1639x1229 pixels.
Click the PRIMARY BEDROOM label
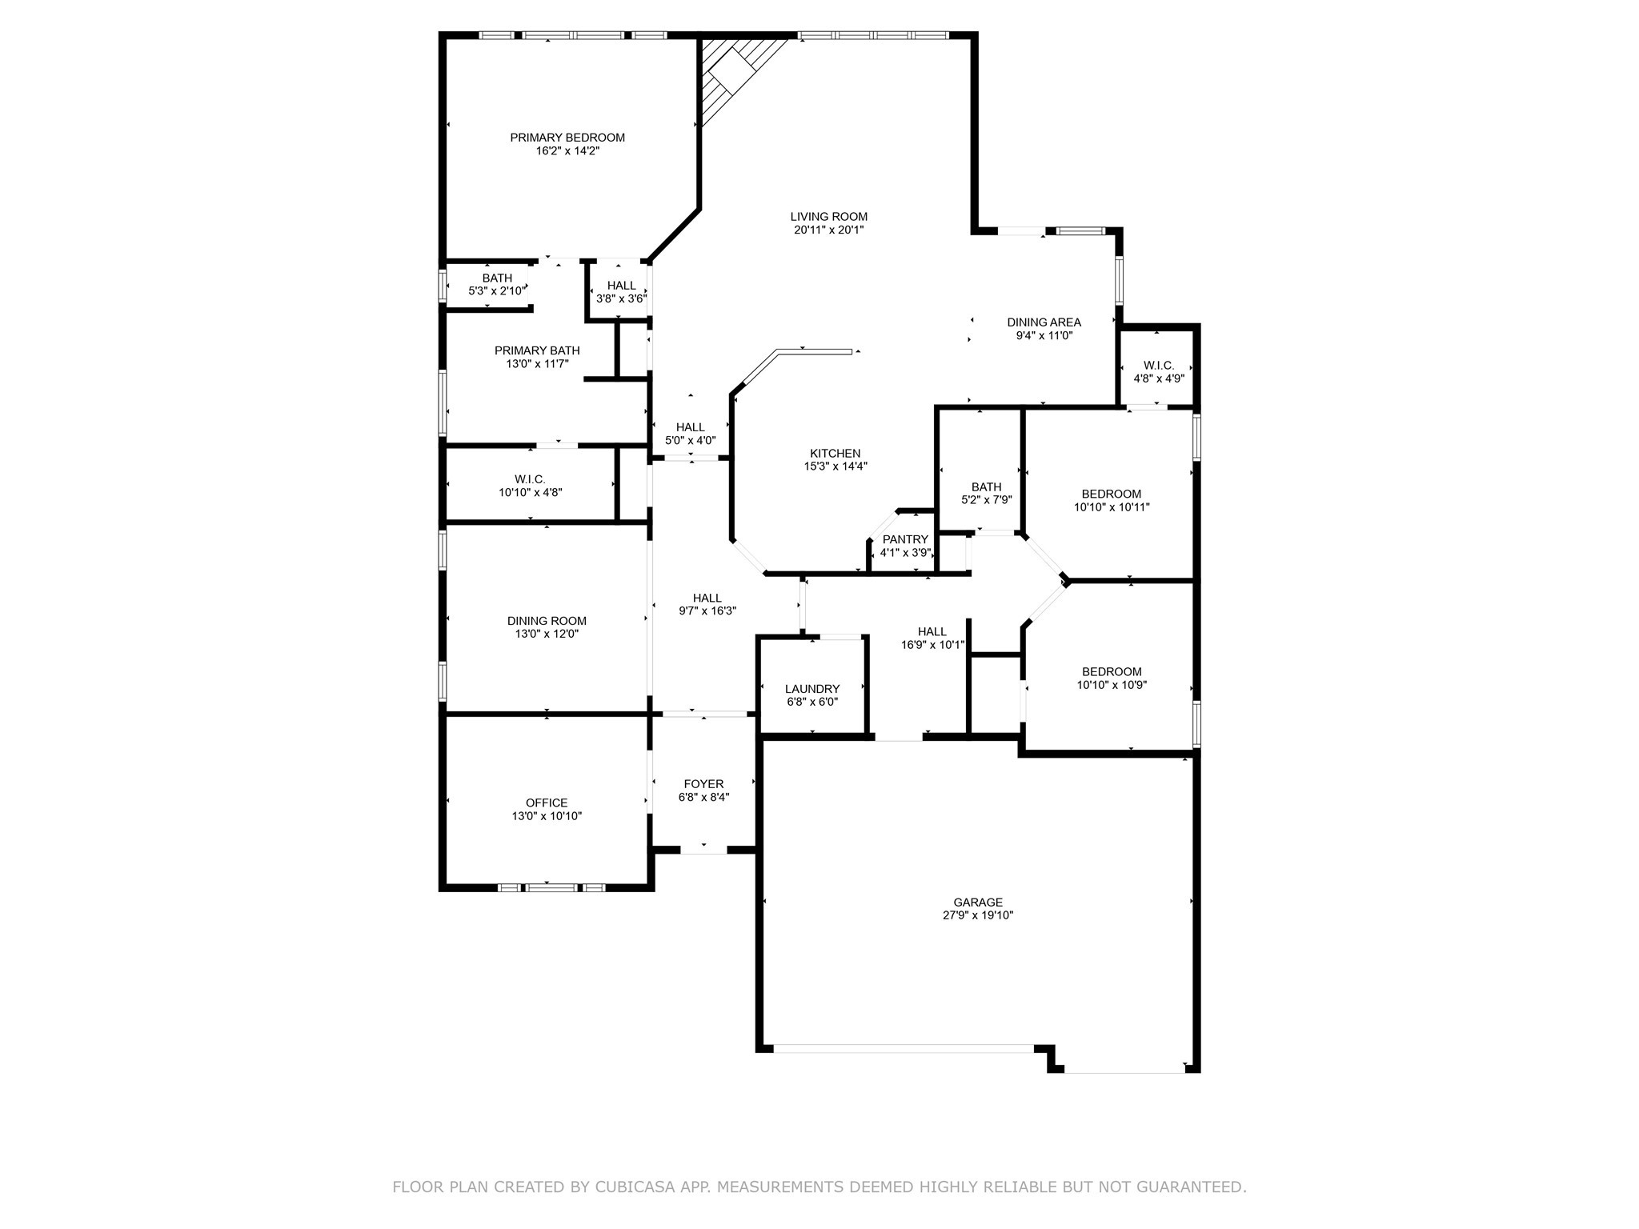[x=567, y=138]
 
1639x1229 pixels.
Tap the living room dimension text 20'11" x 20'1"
[x=828, y=230]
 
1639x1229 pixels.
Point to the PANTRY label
[x=905, y=539]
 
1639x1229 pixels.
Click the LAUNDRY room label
[x=812, y=689]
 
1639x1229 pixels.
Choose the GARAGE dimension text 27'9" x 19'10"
[x=978, y=915]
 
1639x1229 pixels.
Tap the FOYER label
[x=703, y=784]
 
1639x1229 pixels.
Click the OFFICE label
[x=547, y=803]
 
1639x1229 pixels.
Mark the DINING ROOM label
[x=547, y=621]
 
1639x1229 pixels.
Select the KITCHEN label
[x=835, y=453]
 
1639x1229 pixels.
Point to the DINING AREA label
[x=1044, y=322]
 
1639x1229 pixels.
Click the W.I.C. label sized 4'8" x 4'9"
[x=1158, y=366]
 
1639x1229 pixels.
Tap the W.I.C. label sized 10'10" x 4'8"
[x=530, y=479]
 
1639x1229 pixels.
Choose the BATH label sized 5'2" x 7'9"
[x=986, y=486]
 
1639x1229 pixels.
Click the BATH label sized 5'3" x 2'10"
[x=497, y=278]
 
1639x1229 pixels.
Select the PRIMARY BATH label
[x=537, y=350]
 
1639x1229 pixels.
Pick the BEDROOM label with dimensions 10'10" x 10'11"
[x=1111, y=494]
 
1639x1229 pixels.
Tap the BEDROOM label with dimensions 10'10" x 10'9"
[x=1111, y=671]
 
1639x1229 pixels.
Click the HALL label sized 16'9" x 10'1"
[x=932, y=631]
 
